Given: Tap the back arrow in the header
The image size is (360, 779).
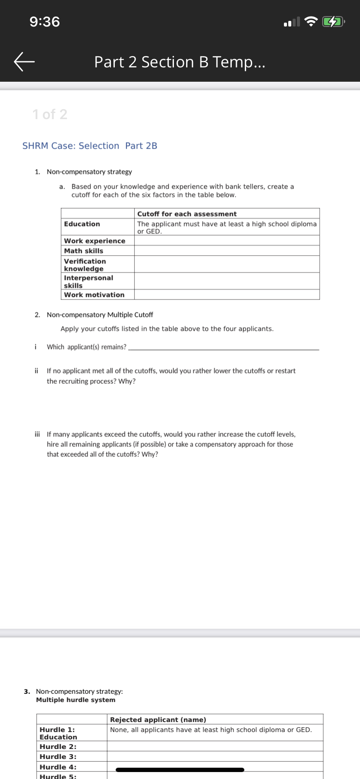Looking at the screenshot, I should click(x=24, y=62).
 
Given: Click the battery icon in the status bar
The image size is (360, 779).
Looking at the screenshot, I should click(x=333, y=21).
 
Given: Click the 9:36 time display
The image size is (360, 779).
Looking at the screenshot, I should click(x=45, y=21).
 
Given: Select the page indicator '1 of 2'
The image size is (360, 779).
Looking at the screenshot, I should click(x=50, y=114).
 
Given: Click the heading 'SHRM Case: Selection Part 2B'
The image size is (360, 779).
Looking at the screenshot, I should click(x=90, y=146).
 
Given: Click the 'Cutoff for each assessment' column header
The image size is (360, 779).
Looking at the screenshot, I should click(x=187, y=214).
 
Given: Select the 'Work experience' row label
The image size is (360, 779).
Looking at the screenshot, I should click(x=94, y=241).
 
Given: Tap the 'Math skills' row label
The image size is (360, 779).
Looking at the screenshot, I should click(x=83, y=251).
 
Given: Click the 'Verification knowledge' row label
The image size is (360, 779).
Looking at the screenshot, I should click(x=85, y=265).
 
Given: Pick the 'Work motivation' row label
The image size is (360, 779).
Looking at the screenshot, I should click(x=94, y=295).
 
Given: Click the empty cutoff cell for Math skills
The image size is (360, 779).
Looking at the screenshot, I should click(x=227, y=251).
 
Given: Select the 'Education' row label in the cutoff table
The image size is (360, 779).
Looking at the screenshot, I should click(x=82, y=224).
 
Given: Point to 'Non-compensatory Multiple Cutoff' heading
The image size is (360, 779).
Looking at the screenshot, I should click(x=100, y=315).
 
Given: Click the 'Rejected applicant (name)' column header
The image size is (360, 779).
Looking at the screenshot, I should click(x=158, y=720).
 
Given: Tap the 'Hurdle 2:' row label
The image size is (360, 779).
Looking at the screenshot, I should click(x=58, y=747).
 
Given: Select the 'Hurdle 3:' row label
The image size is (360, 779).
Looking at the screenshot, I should click(x=58, y=757).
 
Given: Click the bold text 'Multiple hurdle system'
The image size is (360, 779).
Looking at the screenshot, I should click(x=76, y=700).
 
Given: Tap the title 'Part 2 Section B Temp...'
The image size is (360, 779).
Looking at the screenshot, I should click(x=180, y=62).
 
